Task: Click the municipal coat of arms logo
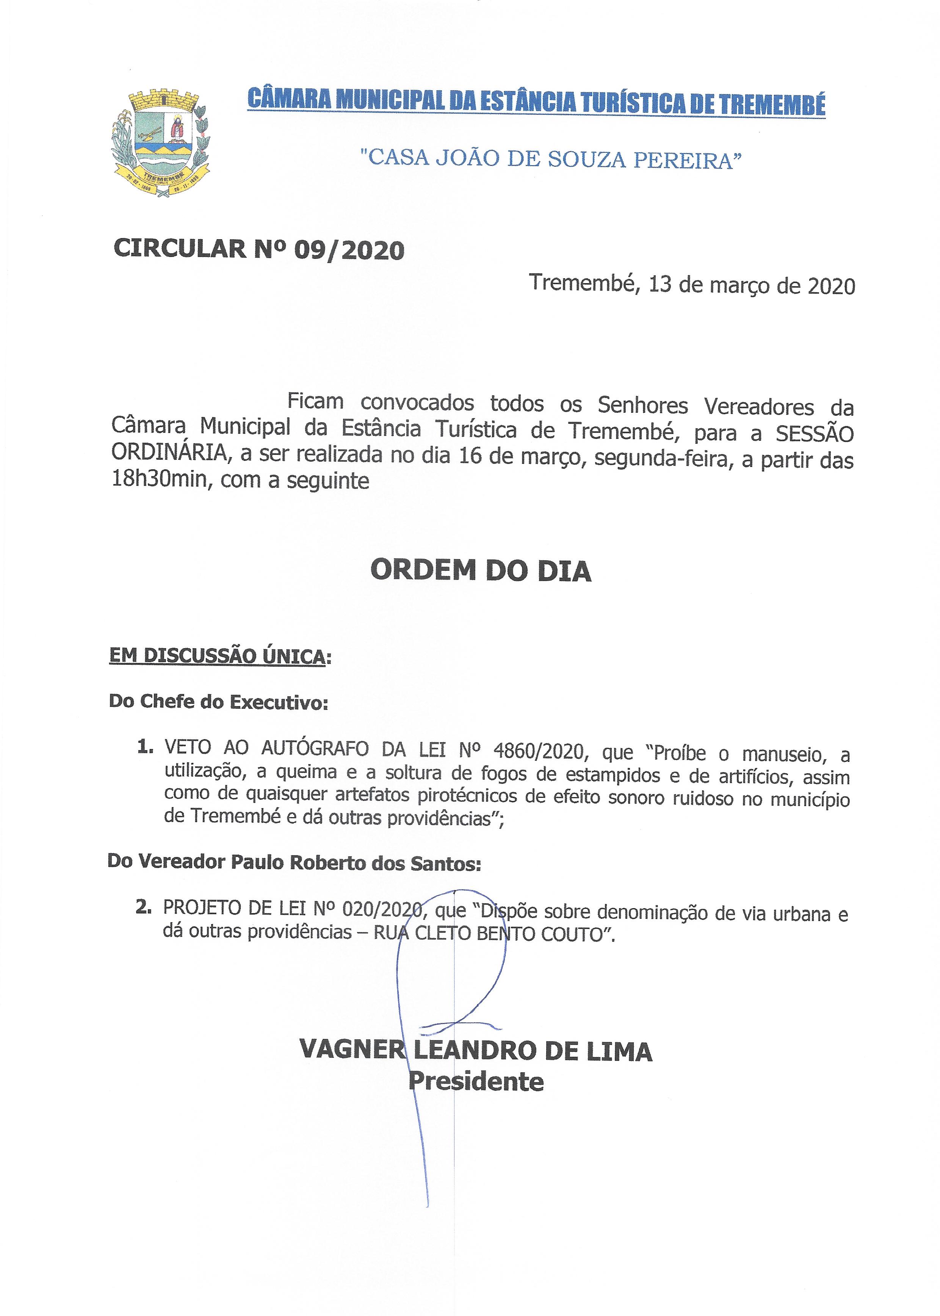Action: click(x=160, y=142)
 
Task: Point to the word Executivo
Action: click(x=280, y=703)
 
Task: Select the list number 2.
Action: click(x=143, y=907)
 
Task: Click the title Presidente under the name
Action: click(x=476, y=1081)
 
